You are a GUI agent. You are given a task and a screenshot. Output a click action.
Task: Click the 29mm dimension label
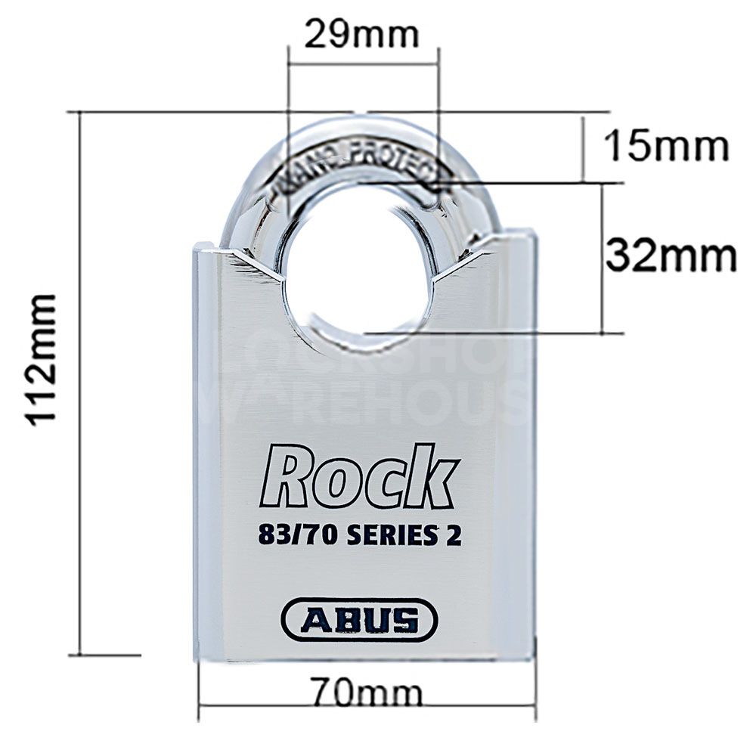click(361, 34)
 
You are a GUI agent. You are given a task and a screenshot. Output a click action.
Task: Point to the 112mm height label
click(43, 360)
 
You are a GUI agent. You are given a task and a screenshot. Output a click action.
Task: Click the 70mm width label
click(366, 692)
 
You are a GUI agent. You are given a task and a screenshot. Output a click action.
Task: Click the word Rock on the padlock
click(360, 478)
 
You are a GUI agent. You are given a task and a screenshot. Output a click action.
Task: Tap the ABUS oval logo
click(359, 620)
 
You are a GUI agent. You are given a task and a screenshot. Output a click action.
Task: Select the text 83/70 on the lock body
click(296, 535)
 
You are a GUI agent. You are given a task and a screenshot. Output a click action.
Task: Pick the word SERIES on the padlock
click(393, 535)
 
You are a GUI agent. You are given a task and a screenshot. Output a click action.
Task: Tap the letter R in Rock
click(286, 478)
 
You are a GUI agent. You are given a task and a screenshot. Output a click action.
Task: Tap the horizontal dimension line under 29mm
click(363, 65)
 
